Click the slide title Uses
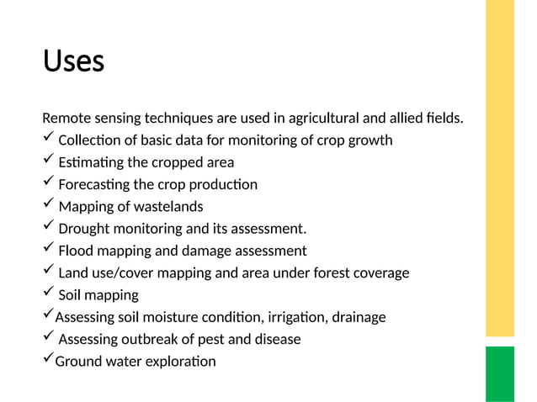(73, 61)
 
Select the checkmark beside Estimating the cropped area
(48, 160)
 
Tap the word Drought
(84, 229)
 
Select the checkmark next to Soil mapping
(48, 293)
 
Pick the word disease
(274, 339)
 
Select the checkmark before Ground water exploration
(48, 360)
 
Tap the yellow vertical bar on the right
(499, 168)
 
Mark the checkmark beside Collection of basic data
(48, 138)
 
